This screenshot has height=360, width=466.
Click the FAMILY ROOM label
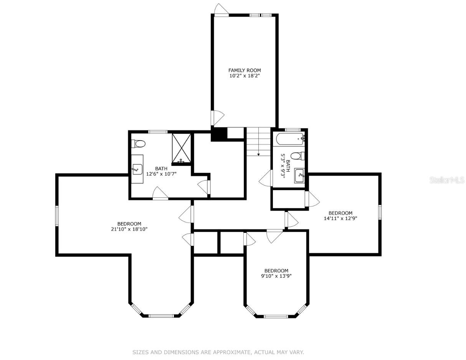point(245,70)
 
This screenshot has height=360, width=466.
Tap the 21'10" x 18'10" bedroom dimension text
point(129,229)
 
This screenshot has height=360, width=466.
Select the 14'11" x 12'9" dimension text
point(340,218)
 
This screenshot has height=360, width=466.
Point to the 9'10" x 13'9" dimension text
point(276,276)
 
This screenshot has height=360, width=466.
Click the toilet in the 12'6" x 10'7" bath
point(138,144)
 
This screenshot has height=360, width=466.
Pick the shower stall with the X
point(181,148)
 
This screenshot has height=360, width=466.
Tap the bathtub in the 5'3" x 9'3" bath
point(290,139)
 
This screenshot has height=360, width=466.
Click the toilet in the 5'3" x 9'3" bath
point(298,156)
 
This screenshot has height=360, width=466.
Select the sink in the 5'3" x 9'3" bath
point(299,176)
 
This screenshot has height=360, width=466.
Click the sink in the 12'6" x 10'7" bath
point(137,169)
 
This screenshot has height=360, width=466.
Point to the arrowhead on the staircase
point(258,154)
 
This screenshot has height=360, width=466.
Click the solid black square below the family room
point(219,134)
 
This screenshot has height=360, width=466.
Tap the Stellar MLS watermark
point(447,180)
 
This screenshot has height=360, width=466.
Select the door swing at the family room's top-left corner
point(221,10)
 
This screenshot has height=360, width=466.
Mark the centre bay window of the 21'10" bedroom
point(161,316)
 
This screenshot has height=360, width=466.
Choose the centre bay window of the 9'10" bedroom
point(276,316)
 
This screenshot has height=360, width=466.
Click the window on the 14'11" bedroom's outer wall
point(380,212)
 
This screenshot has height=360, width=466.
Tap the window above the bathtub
point(292,130)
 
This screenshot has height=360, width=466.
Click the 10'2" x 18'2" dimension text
point(245,76)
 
